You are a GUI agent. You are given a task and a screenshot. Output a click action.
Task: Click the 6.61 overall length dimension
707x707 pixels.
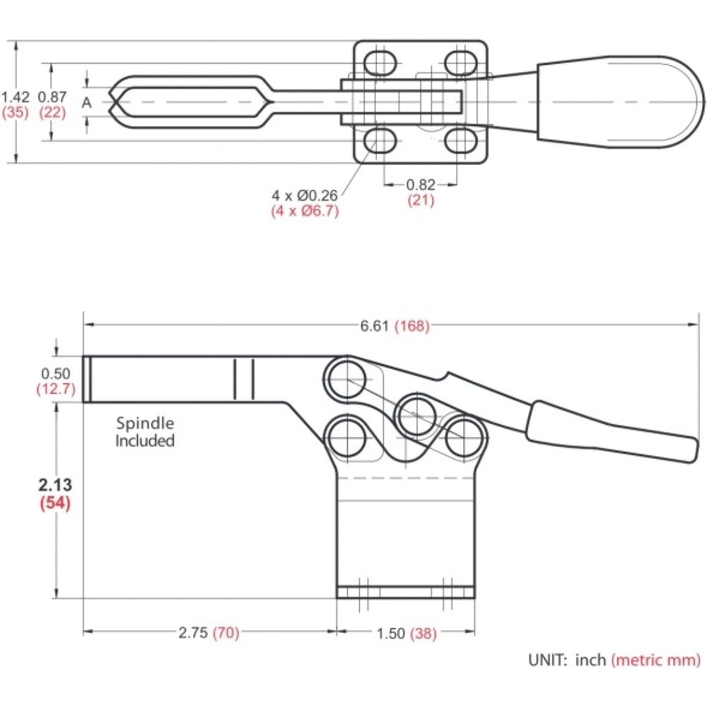(x=395, y=325)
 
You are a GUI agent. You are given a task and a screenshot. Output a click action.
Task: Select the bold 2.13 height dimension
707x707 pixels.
(x=55, y=485)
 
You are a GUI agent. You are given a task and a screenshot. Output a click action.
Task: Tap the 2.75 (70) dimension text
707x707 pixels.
(x=209, y=633)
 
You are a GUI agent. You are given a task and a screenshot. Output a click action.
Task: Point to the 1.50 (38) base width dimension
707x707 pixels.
(x=407, y=633)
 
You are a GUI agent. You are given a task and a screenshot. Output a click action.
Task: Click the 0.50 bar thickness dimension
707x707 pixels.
(x=55, y=373)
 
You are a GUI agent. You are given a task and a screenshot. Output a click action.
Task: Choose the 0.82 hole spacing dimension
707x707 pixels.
(x=421, y=185)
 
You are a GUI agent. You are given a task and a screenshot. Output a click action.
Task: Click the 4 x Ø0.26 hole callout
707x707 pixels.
(x=304, y=195)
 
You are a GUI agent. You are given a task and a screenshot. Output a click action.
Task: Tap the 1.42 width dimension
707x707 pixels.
(x=15, y=97)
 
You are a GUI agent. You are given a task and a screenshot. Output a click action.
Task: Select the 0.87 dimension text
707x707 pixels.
(x=52, y=97)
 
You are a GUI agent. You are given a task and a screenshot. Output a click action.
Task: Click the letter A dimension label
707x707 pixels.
(x=86, y=103)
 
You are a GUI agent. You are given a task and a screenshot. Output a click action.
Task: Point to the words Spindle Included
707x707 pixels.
(x=145, y=431)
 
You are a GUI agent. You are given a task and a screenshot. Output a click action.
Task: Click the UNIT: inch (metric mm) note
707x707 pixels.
(x=614, y=660)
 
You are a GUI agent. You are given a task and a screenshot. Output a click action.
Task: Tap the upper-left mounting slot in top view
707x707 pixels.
(x=380, y=63)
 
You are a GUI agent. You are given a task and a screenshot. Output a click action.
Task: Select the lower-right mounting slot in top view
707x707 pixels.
(x=461, y=141)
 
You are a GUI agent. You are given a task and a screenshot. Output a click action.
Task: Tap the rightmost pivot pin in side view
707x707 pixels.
(x=465, y=438)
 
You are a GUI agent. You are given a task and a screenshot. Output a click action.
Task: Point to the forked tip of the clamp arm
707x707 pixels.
(x=117, y=103)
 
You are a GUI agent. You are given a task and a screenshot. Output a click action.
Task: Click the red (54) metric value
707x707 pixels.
(x=55, y=502)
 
